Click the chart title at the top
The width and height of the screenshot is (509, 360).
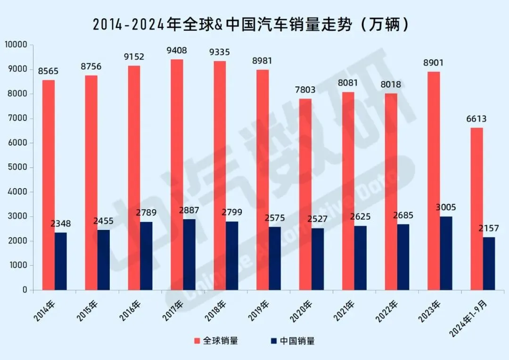[x=250, y=25]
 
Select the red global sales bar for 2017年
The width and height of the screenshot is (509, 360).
[x=177, y=175]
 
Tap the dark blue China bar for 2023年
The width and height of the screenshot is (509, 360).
[x=446, y=253]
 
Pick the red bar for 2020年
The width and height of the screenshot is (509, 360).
[x=305, y=195]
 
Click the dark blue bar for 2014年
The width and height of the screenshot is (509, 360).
[x=61, y=262]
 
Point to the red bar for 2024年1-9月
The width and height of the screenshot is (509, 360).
[x=476, y=209]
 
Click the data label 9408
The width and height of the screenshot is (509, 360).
[x=177, y=50]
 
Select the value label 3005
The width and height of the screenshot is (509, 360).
[x=446, y=207]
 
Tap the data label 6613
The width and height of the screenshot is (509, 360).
[x=476, y=119]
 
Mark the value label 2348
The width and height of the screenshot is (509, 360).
[x=61, y=223]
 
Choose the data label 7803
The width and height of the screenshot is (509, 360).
[x=305, y=90]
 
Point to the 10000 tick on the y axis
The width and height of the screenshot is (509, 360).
[x=16, y=44]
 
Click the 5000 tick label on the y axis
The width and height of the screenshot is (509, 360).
[x=17, y=167]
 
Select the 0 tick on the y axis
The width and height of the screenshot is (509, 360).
[x=25, y=290]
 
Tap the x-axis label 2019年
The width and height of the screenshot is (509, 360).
[x=259, y=311]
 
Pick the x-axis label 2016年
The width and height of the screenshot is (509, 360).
[x=130, y=311]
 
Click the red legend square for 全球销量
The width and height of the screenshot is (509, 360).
[x=197, y=341]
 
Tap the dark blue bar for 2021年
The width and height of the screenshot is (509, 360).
[x=361, y=258]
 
